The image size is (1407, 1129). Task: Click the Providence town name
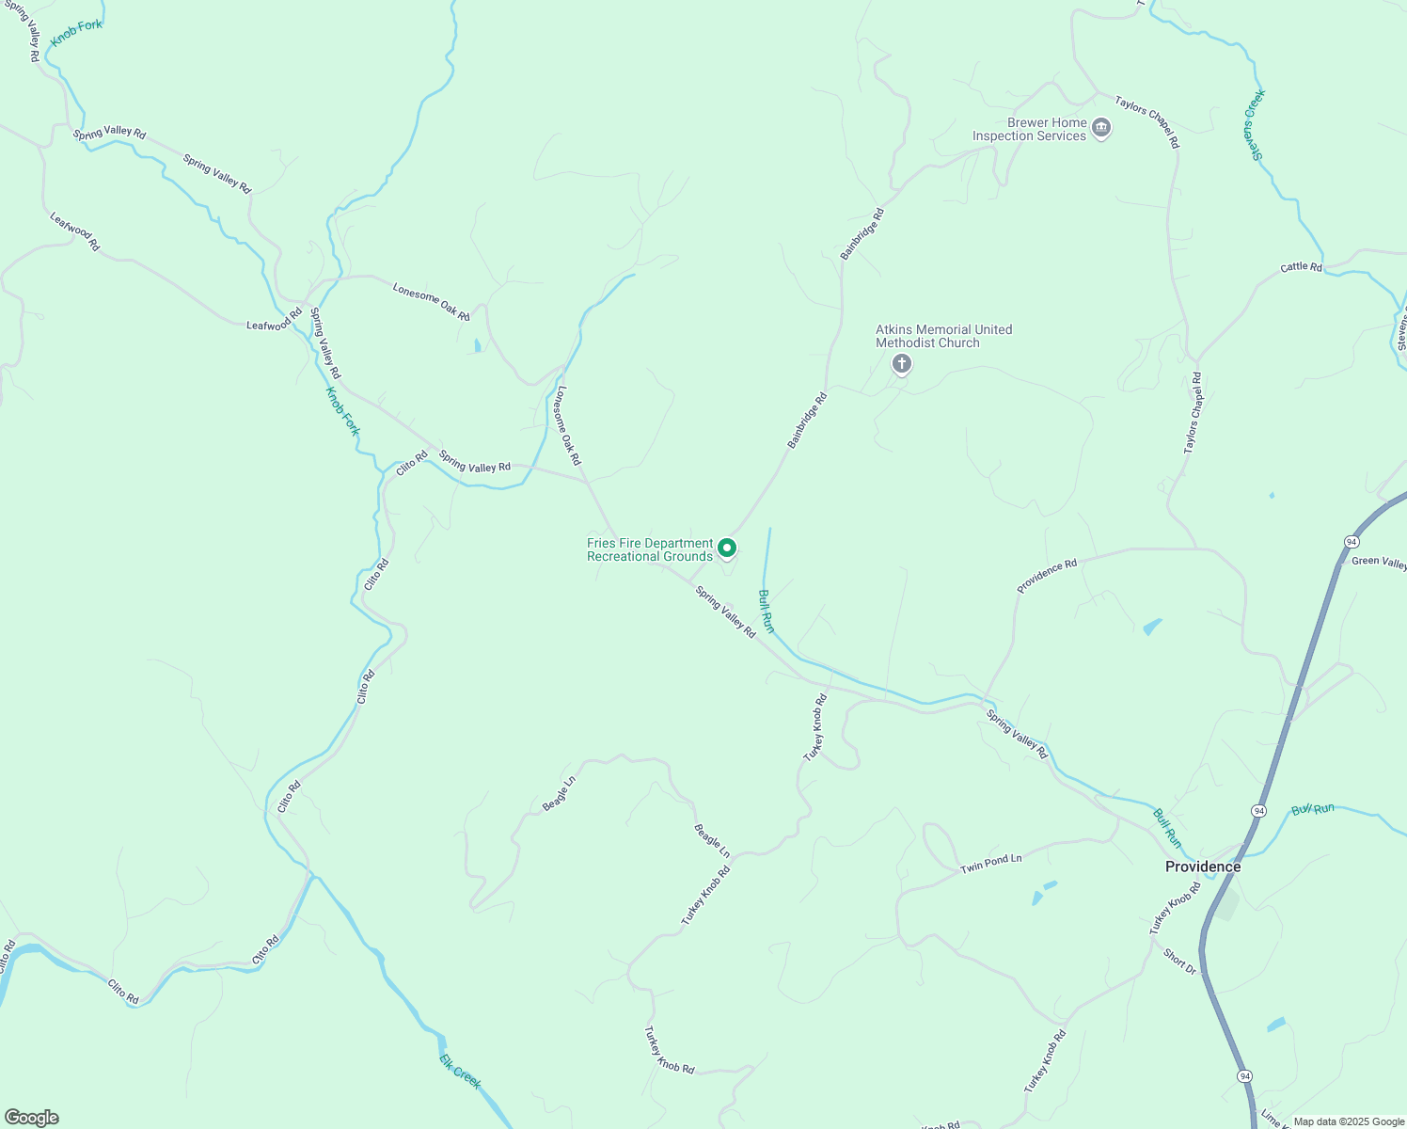1202,867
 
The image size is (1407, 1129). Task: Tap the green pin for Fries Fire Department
727,548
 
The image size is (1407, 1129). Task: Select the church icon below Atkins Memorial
901,364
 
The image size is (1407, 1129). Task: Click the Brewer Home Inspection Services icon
1101,128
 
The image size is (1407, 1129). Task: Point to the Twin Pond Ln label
990,863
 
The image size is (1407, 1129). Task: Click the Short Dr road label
1179,961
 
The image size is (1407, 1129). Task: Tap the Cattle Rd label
1301,267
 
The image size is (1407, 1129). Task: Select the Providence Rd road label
1047,576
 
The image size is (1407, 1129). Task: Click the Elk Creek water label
460,1071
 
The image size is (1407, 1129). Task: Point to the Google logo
31,1118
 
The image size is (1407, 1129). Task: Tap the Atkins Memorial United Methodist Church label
943,336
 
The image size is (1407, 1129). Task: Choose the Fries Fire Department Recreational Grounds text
650,549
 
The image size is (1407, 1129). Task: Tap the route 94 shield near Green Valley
1352,542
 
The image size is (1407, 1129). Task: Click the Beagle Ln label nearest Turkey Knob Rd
711,840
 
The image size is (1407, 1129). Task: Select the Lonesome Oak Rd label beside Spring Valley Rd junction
569,425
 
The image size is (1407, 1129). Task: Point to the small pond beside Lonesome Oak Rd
478,345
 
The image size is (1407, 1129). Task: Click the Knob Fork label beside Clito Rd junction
342,411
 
